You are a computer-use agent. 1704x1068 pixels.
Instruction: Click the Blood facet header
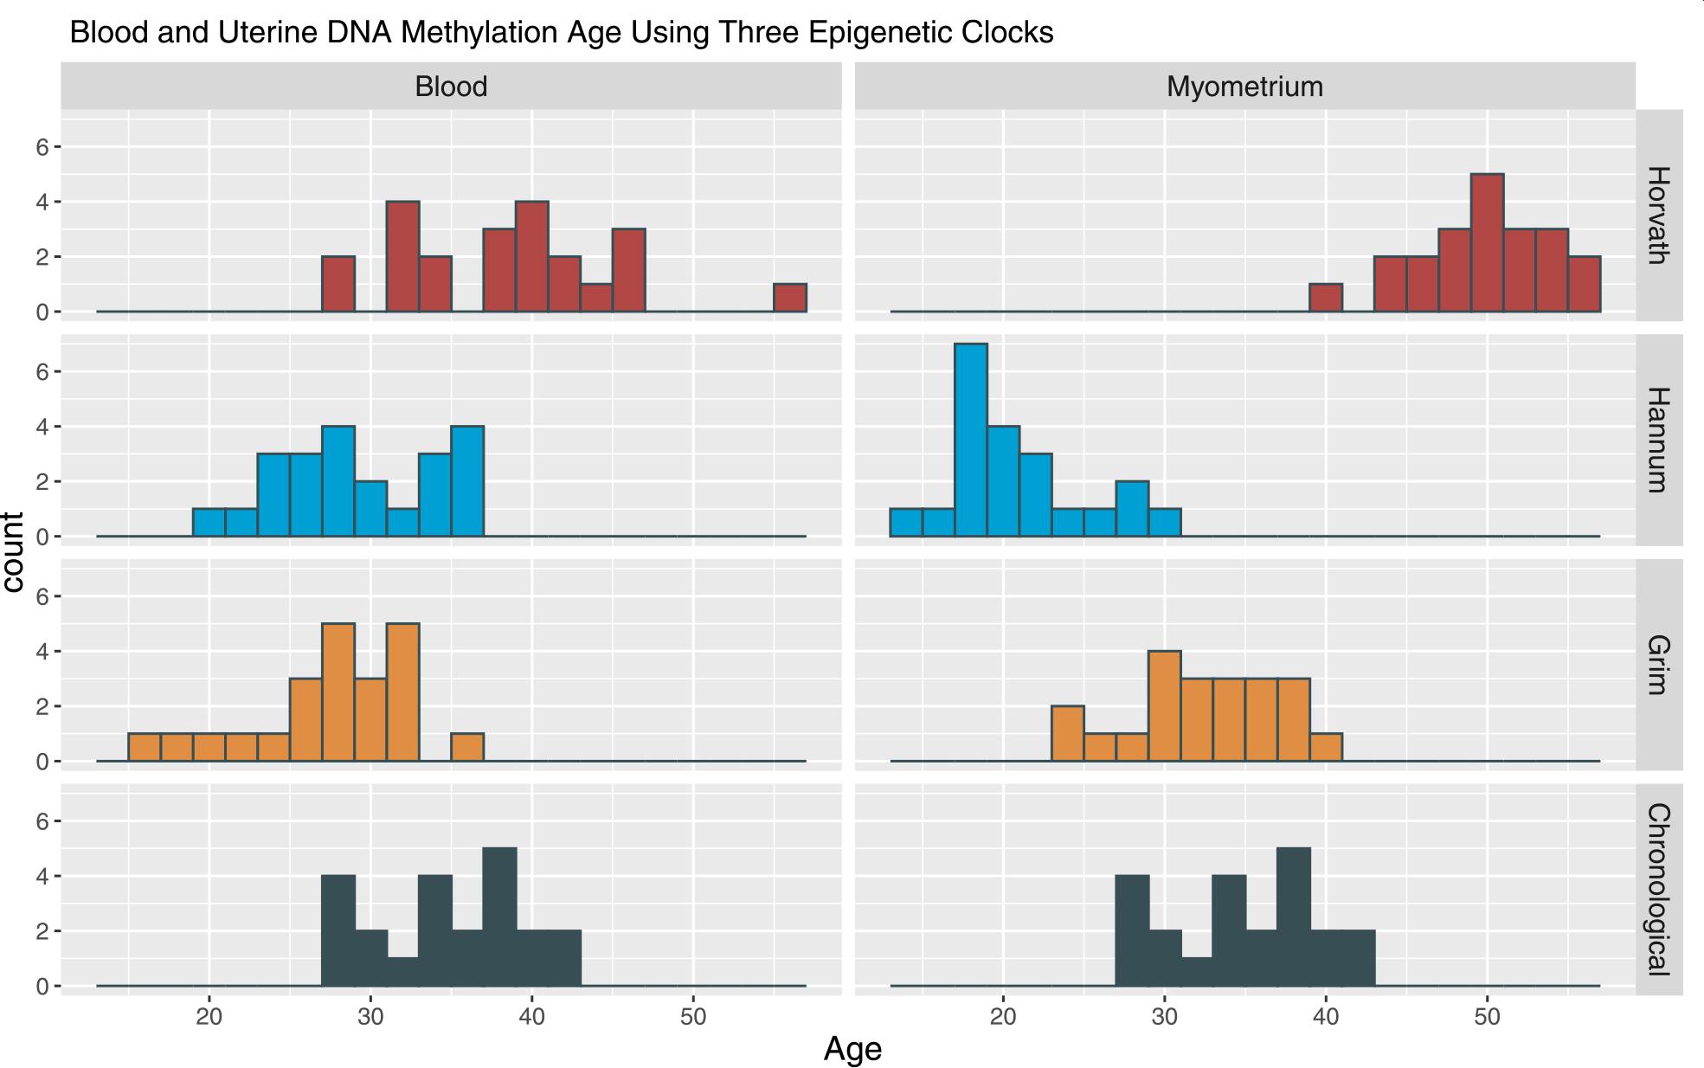[x=451, y=87]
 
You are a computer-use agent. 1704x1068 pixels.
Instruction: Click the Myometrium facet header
[x=1244, y=87]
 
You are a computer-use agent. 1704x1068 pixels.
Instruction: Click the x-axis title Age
[x=852, y=1049]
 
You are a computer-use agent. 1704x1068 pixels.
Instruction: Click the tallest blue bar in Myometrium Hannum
[x=971, y=441]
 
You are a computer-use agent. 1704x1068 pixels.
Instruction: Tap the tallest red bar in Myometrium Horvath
[x=1487, y=243]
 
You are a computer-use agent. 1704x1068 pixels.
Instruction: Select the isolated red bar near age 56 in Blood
[x=790, y=298]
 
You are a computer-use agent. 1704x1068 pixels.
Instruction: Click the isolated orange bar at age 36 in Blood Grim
[x=467, y=748]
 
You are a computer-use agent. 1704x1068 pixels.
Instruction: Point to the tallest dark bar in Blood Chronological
[x=499, y=917]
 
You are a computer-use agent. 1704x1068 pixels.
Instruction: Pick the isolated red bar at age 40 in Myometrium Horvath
[x=1326, y=298]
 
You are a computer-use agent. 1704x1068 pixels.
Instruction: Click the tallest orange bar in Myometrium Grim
[x=1164, y=706]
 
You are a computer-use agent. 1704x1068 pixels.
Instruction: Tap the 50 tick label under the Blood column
[x=693, y=1016]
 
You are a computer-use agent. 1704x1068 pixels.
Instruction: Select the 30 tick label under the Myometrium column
[x=1164, y=1016]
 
